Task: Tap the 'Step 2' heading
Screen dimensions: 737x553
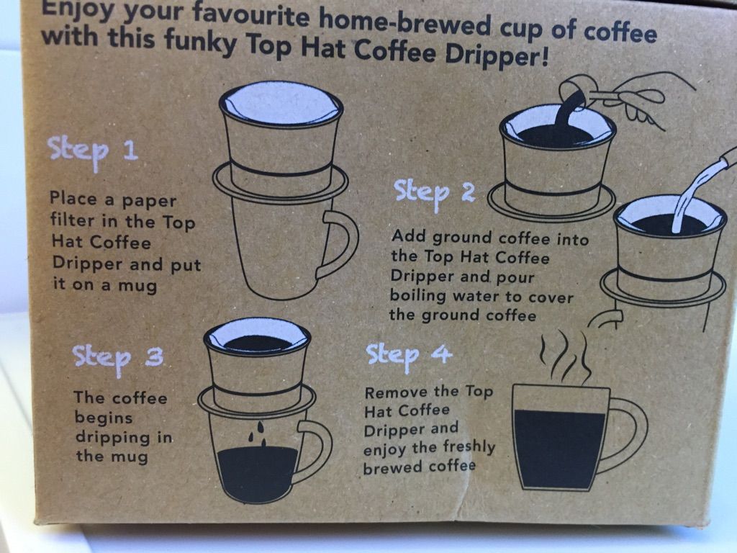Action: click(x=434, y=193)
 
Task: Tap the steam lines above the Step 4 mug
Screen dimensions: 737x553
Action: click(x=564, y=356)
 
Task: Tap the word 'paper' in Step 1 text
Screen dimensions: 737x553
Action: click(x=149, y=202)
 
